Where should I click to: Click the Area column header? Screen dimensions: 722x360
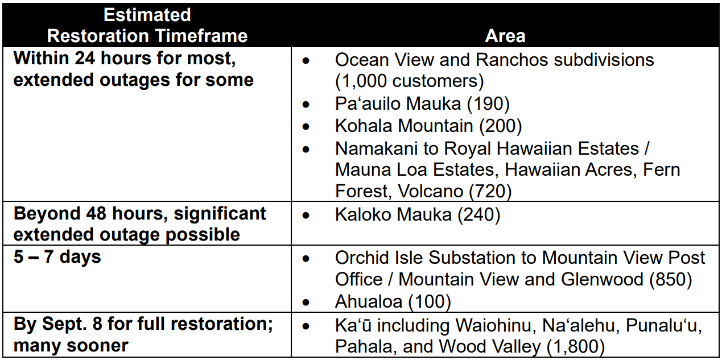pyautogui.click(x=505, y=35)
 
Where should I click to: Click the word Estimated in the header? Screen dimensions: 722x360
pyautogui.click(x=147, y=15)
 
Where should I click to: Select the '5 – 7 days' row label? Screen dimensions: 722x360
pyautogui.click(x=57, y=257)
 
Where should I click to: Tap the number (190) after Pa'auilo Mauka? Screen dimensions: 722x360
pyautogui.click(x=488, y=104)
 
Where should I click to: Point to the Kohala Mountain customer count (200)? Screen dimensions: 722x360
pyautogui.click(x=500, y=126)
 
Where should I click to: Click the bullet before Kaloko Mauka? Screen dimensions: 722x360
pyautogui.click(x=306, y=216)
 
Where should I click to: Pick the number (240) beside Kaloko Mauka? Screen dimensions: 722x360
pyautogui.click(x=479, y=215)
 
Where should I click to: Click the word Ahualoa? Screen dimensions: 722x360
pyautogui.click(x=369, y=301)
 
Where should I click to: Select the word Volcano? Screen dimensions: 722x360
pyautogui.click(x=431, y=191)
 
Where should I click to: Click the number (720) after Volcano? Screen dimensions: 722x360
pyautogui.click(x=490, y=192)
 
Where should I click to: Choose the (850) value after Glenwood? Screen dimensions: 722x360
pyautogui.click(x=670, y=279)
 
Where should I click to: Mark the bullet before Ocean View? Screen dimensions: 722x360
pyautogui.click(x=306, y=61)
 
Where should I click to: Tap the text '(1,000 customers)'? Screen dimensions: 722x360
pyautogui.click(x=409, y=81)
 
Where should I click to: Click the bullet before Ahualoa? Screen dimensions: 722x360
pyautogui.click(x=306, y=303)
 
